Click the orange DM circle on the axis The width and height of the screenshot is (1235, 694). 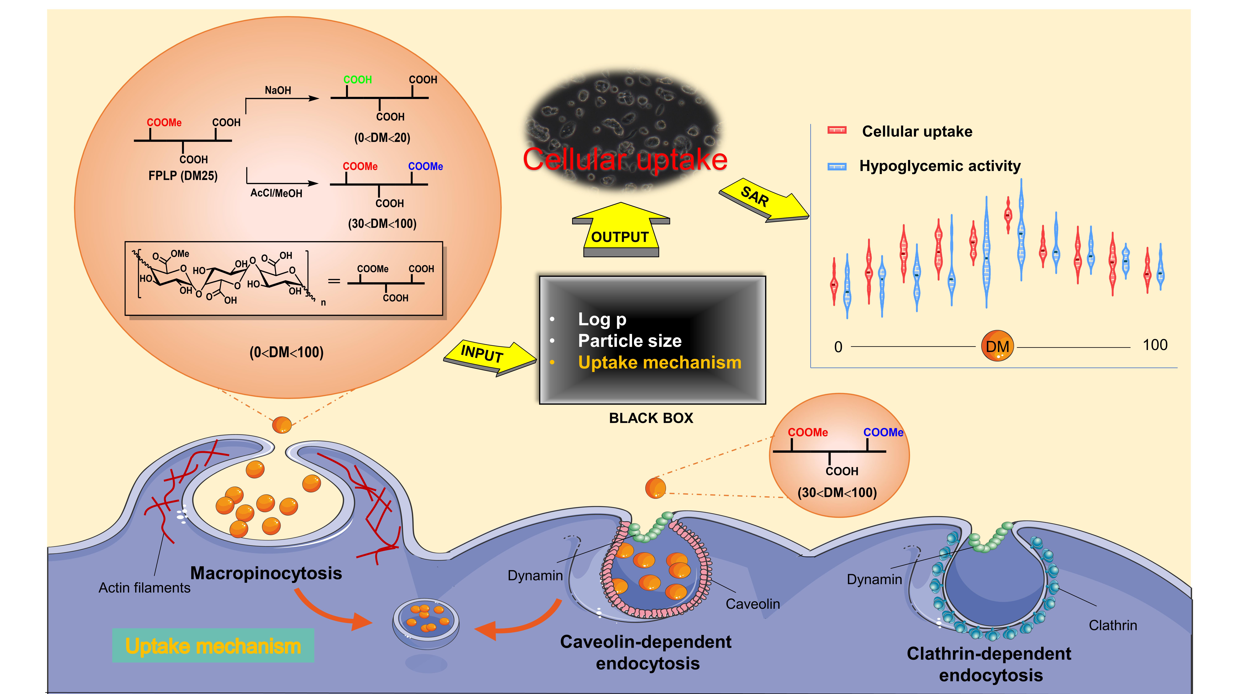tap(997, 346)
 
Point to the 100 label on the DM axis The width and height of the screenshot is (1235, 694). tap(1155, 345)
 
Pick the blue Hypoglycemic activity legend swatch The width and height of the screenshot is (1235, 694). tap(837, 166)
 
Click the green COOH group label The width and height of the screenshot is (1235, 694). tap(357, 80)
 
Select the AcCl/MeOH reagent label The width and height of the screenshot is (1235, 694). tap(276, 194)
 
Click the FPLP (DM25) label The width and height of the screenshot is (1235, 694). tap(183, 176)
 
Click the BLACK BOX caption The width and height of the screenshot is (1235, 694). tap(651, 418)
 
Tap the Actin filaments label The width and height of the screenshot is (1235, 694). tap(144, 588)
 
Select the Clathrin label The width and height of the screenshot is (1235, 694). tap(1112, 625)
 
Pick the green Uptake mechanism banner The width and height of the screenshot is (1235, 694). tap(213, 646)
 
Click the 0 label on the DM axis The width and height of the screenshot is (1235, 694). tap(838, 347)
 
